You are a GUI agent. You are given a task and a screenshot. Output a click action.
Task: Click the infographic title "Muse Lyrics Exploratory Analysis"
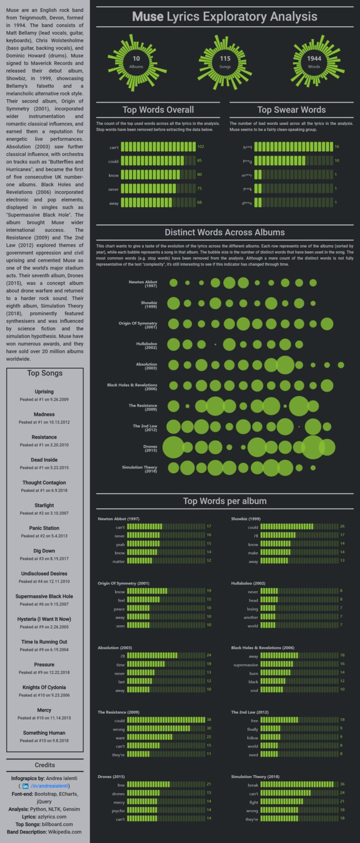(225, 17)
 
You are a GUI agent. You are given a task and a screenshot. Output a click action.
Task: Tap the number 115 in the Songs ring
(225, 58)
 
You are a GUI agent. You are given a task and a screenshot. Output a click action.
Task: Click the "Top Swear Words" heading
(291, 110)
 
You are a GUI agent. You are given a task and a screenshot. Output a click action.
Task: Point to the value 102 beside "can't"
(200, 147)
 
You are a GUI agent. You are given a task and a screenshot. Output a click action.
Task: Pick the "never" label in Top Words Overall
(114, 189)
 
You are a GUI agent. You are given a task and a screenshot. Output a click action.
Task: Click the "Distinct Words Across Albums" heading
(225, 232)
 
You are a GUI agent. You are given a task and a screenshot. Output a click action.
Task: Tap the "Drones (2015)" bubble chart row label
(150, 448)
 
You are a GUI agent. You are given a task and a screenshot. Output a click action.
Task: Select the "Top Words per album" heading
(225, 501)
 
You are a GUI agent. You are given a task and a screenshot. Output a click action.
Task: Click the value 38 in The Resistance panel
(209, 720)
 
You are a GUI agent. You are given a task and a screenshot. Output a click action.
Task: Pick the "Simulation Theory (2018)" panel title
(255, 776)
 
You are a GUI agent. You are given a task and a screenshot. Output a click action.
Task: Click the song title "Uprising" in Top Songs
(44, 392)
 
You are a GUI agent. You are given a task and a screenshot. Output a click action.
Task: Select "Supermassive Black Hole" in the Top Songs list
(44, 596)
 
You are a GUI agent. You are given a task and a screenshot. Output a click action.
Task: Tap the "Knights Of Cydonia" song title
(44, 687)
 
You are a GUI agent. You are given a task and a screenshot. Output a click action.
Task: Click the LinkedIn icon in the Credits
(25, 786)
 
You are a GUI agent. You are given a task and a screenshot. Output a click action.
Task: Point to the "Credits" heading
(45, 765)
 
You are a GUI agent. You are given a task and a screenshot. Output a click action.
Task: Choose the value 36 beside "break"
(342, 785)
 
